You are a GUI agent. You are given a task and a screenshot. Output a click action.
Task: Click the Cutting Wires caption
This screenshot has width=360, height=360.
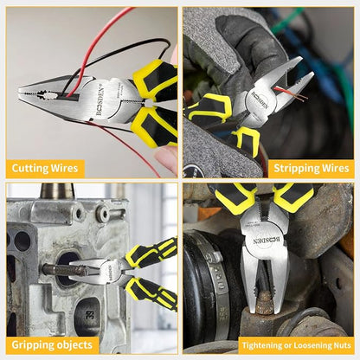[45, 168]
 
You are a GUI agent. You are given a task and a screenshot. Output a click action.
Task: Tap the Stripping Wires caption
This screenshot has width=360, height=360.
[312, 168]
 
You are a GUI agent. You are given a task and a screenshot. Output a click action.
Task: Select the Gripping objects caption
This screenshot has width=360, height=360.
[52, 344]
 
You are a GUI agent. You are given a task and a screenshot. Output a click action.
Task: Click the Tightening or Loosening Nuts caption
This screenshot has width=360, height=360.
[297, 345]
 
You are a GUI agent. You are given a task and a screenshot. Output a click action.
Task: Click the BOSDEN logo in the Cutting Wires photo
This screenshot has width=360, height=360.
[100, 100]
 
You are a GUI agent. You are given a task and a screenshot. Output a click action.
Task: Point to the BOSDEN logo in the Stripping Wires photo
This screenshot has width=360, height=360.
[260, 100]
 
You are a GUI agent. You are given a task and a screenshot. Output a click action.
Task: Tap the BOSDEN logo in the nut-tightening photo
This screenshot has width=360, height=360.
[267, 241]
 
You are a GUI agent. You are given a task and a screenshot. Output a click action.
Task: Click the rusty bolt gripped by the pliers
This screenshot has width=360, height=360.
[66, 270]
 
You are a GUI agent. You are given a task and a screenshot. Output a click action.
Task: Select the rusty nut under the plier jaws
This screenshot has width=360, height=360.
[264, 302]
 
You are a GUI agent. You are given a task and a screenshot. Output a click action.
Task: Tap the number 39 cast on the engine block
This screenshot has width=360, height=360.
[89, 314]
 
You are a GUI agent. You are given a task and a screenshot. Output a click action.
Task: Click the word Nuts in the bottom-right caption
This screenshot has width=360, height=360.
[343, 345]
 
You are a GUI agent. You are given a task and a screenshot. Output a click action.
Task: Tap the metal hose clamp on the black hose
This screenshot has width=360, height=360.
[219, 277]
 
